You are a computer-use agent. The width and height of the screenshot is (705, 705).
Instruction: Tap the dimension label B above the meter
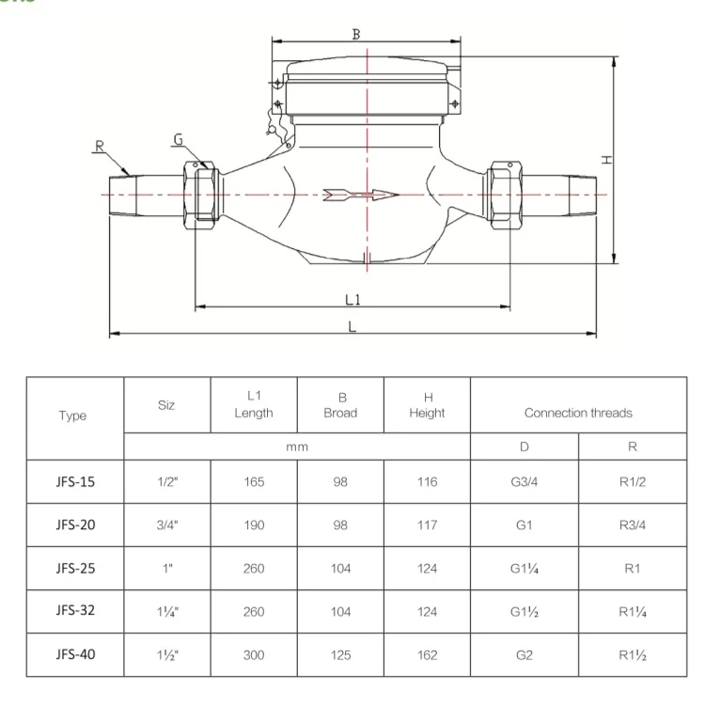click(x=356, y=34)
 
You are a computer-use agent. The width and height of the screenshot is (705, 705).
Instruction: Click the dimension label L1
click(x=353, y=299)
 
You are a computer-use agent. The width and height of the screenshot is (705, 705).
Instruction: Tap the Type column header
click(x=72, y=415)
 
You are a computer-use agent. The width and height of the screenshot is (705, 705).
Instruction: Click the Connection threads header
click(x=577, y=413)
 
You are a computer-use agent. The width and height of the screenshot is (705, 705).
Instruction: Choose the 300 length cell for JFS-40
click(x=253, y=653)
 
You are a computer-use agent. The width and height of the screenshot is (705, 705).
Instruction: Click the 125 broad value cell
click(x=340, y=653)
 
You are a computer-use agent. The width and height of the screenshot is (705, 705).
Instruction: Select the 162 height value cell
click(x=427, y=653)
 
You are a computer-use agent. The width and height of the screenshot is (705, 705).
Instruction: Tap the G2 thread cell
click(x=524, y=653)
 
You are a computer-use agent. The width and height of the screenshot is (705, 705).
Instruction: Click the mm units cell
click(x=297, y=447)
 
